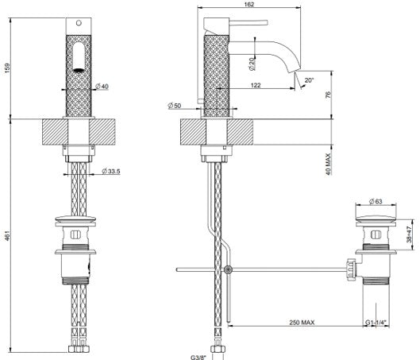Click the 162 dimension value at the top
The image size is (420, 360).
[249, 4]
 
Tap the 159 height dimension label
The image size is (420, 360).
[7, 68]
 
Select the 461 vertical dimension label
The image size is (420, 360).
[7, 235]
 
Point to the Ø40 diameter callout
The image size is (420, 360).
[102, 87]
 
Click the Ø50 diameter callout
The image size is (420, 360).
[175, 106]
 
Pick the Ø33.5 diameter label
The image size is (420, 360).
[110, 171]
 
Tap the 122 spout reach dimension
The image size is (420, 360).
[256, 85]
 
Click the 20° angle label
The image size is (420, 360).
[309, 80]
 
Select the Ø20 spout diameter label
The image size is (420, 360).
[252, 64]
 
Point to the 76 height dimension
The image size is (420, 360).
[328, 95]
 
